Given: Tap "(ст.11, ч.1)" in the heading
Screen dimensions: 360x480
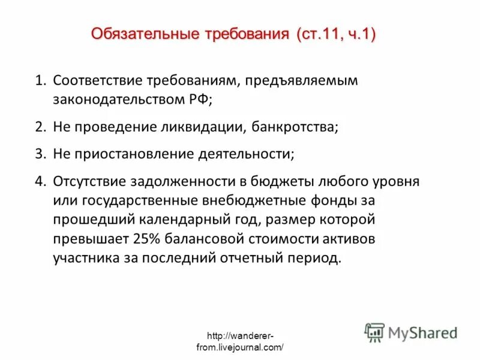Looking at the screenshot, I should tap(335, 34).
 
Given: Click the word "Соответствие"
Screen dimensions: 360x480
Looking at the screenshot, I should tap(98, 80).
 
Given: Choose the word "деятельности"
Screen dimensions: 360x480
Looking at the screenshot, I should tap(246, 154).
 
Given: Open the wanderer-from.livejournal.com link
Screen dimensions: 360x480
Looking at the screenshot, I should tap(240, 341).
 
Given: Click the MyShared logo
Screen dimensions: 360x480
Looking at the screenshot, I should tap(412, 332).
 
